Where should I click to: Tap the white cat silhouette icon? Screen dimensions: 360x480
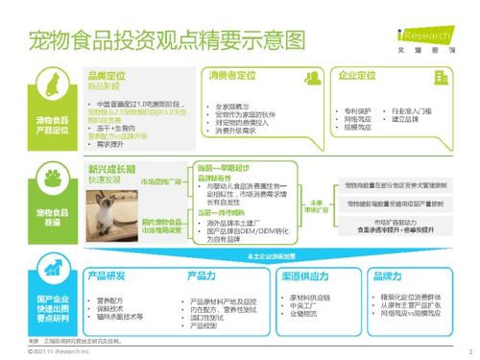[x=55, y=90]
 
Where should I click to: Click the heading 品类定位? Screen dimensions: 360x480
[x=104, y=75]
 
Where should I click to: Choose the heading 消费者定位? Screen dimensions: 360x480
[x=232, y=76]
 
